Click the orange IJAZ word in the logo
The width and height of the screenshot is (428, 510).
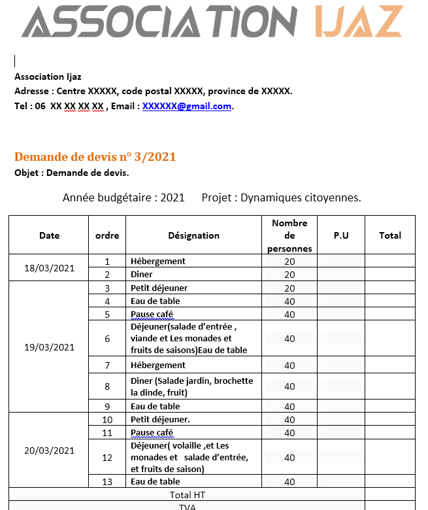[359, 22]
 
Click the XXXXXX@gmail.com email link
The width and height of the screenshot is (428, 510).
[187, 106]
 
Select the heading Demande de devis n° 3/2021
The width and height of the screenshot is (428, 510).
[95, 157]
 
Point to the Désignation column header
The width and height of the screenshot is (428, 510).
[193, 235]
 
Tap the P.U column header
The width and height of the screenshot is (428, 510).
[341, 235]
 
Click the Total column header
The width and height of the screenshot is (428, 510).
[390, 235]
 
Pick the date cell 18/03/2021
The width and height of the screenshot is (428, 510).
[49, 268]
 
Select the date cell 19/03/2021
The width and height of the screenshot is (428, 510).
[49, 347]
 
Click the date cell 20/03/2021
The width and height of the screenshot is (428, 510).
[49, 450]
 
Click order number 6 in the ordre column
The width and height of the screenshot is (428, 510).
[107, 339]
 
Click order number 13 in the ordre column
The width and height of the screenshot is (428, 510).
[107, 482]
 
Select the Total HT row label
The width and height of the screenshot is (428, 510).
[187, 495]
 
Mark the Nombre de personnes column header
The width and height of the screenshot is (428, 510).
[289, 235]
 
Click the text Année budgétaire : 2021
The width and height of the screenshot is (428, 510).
[123, 197]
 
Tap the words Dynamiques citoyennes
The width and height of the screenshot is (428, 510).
[301, 197]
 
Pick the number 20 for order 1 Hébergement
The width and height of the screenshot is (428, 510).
[289, 262]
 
